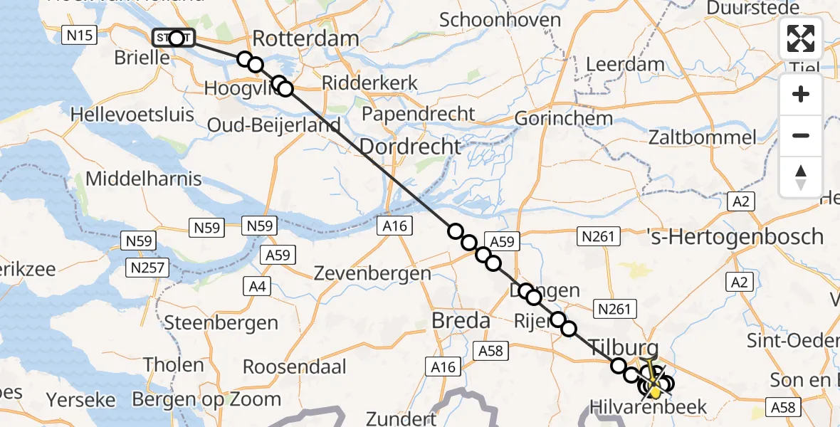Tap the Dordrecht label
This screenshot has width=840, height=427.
point(410,147)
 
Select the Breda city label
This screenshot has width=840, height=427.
point(461,320)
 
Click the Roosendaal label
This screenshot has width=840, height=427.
point(295,367)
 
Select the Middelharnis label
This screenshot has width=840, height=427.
point(143,178)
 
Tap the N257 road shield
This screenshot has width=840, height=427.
point(147,268)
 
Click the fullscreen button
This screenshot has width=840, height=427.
point(801,38)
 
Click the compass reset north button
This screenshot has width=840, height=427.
point(801,176)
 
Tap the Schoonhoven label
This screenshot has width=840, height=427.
point(500,19)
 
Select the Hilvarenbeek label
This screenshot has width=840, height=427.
point(648,407)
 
